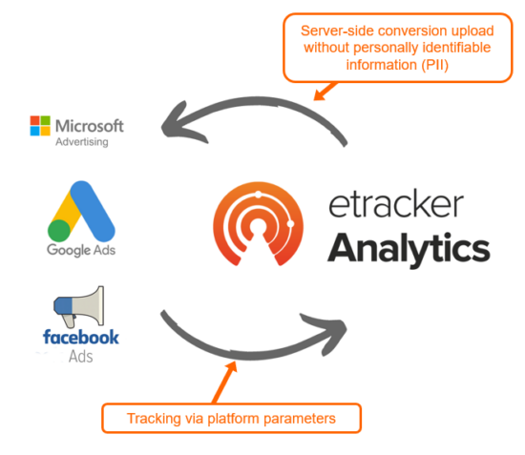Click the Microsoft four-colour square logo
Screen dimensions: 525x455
40,126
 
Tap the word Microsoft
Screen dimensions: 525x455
90,126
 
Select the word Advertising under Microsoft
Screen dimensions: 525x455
82,142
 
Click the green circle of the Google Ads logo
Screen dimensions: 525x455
59,231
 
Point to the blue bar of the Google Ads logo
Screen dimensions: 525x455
93,211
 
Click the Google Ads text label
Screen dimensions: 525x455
81,250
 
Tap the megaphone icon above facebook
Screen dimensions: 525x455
79,306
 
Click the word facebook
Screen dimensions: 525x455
81,337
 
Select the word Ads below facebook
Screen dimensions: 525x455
81,357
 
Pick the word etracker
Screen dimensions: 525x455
396,204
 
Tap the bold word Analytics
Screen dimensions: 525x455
409,249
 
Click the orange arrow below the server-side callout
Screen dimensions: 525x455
325,91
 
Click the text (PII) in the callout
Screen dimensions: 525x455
434,65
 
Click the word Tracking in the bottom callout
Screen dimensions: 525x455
154,419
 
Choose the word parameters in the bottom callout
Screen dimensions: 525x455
300,419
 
